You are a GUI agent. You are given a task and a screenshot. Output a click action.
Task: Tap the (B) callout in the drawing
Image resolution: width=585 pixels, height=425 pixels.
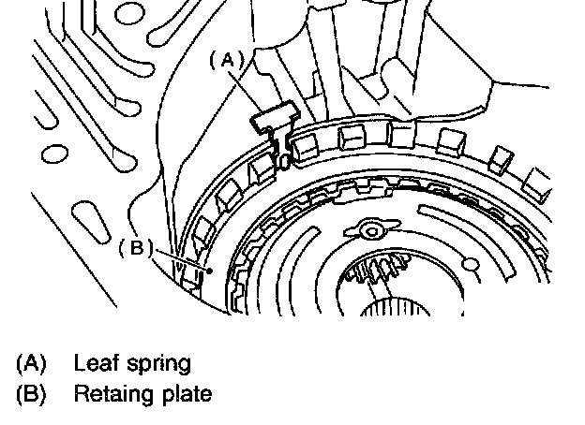pyautogui.click(x=136, y=248)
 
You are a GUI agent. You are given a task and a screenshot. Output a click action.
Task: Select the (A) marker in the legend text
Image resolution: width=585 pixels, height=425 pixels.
pyautogui.click(x=30, y=362)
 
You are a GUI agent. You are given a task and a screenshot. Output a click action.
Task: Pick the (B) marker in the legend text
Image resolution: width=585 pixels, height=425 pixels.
pyautogui.click(x=30, y=393)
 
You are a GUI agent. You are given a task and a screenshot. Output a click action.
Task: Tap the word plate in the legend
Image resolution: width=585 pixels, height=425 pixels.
pyautogui.click(x=188, y=394)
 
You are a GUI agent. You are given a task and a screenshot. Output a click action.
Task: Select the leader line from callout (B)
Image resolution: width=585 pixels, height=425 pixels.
pyautogui.click(x=183, y=260)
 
